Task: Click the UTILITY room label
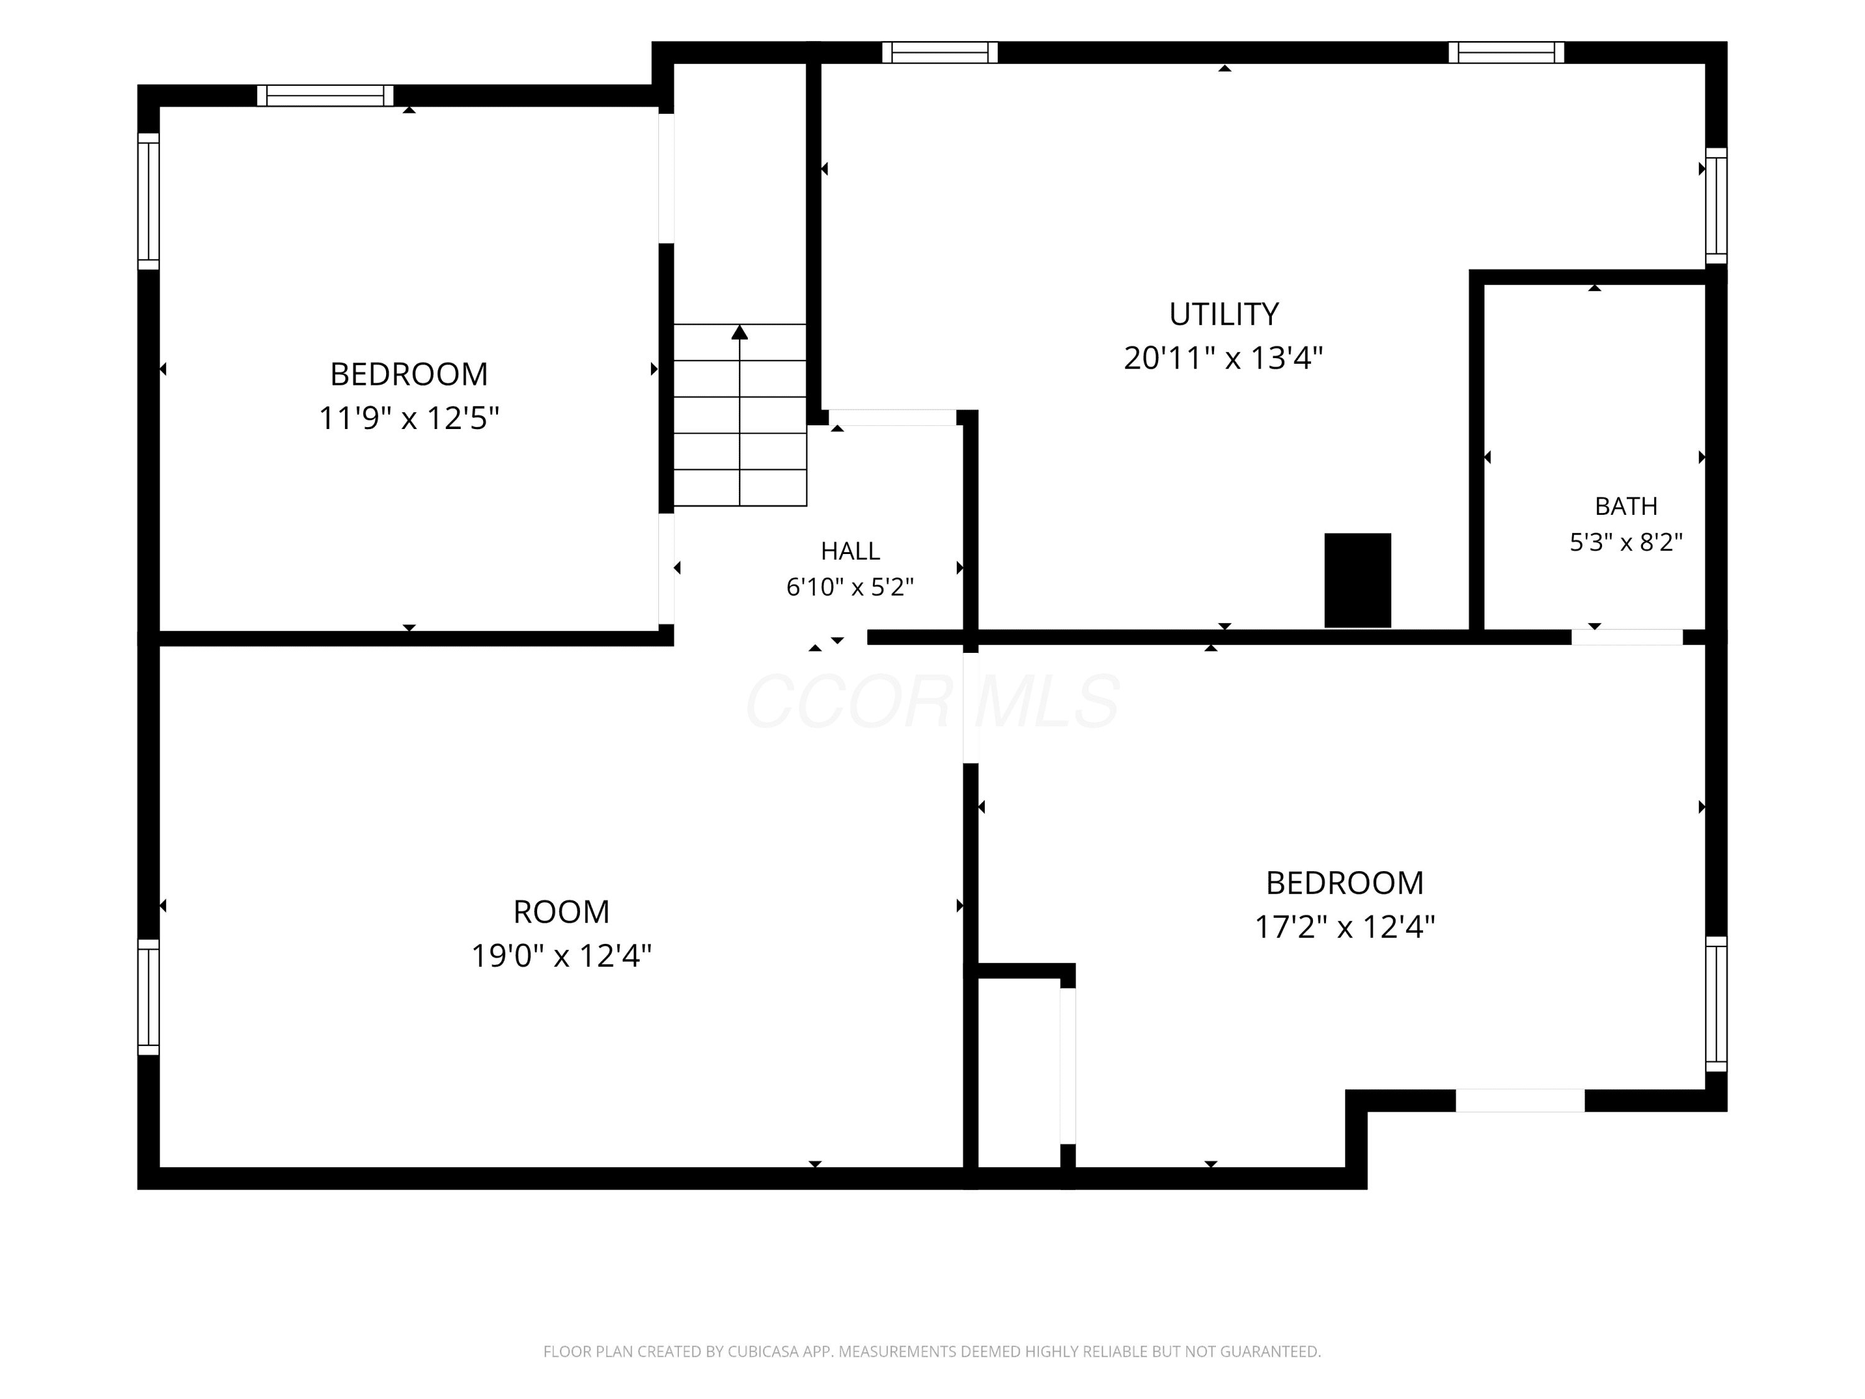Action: [x=1223, y=315]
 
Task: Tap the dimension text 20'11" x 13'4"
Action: [x=1223, y=358]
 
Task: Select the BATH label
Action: [x=1626, y=506]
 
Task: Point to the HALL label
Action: [x=850, y=551]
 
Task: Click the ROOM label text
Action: [x=561, y=912]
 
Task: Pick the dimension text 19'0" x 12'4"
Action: [x=561, y=956]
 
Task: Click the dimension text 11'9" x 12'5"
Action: [x=409, y=417]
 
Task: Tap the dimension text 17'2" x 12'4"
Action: [x=1345, y=927]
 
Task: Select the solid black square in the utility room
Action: [x=1358, y=580]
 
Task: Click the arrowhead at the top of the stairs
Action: [x=739, y=332]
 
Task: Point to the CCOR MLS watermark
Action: [x=932, y=701]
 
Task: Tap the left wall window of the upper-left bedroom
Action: [x=149, y=201]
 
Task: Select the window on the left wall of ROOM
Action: [x=149, y=997]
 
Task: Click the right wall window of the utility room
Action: [x=1716, y=206]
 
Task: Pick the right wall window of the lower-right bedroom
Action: [x=1716, y=1004]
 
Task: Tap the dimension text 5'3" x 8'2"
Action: [x=1626, y=542]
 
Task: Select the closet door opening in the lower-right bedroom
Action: [x=1067, y=1066]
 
